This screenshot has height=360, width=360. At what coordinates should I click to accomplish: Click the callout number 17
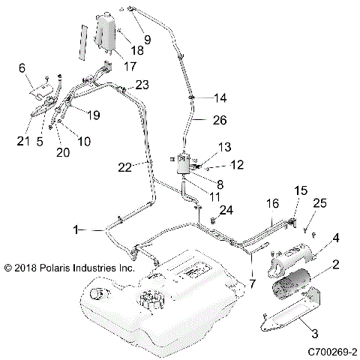[129, 66]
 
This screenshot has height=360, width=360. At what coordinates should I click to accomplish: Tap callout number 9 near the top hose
[146, 39]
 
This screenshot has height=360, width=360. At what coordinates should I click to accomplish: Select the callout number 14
[219, 98]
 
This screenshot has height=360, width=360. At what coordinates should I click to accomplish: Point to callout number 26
[219, 118]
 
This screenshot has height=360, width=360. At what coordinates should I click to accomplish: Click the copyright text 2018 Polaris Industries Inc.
[69, 267]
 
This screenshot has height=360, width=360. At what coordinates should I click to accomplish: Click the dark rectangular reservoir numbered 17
[106, 33]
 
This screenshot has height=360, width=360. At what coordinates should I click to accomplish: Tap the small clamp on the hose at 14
[193, 97]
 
